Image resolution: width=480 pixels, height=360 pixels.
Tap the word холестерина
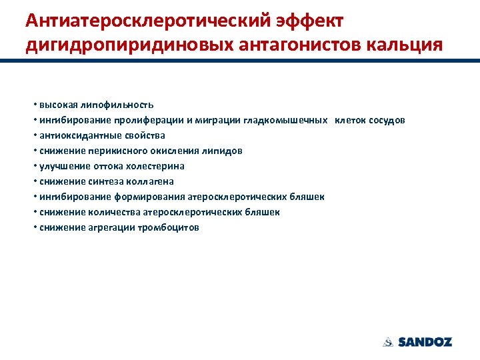(151, 166)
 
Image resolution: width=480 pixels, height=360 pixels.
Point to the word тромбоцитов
(169, 227)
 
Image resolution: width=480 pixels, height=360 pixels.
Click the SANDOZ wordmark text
(425, 342)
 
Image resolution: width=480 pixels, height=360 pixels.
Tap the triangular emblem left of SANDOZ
(388, 342)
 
